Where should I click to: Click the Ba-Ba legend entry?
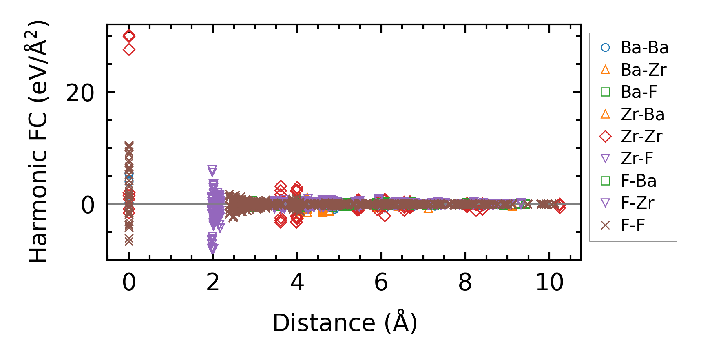coord(644,48)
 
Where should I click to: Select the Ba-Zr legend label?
coord(643,70)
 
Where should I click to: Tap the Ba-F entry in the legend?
coord(639,92)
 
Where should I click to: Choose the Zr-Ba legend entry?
coord(642,115)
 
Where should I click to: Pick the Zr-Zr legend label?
coord(641,137)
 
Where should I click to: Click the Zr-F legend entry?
coord(637,159)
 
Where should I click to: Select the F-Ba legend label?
coord(638,181)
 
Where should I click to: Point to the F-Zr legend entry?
coord(637,203)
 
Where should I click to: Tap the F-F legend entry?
coord(632,225)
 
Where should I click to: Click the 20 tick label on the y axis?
coord(80,93)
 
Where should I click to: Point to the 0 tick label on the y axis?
coord(88,205)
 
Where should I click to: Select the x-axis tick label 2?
coord(213,282)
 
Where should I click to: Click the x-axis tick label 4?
coord(297,282)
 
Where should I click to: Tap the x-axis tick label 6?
coord(381,282)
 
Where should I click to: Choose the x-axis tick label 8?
coord(465,282)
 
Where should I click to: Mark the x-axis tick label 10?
coord(549,282)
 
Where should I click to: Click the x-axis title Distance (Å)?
coord(345,323)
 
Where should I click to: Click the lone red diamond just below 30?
coord(129,50)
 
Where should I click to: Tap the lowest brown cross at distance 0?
coord(129,241)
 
